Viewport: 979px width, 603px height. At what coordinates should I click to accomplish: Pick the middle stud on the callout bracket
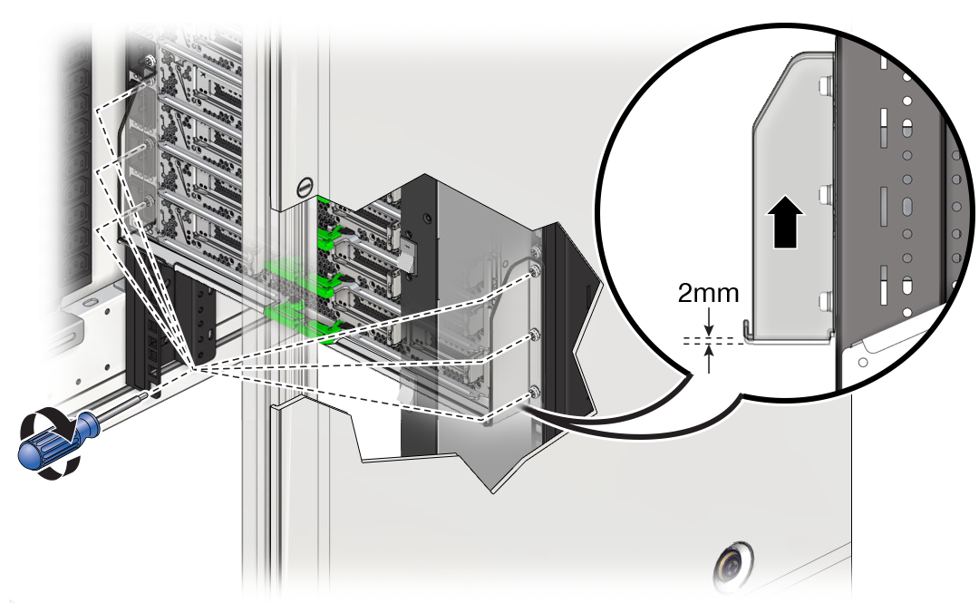point(823,194)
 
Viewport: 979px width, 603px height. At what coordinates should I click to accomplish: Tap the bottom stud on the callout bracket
point(823,301)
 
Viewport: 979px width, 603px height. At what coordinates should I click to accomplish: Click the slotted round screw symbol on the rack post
point(305,188)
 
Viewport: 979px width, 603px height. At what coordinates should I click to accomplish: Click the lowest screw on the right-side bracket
point(534,392)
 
